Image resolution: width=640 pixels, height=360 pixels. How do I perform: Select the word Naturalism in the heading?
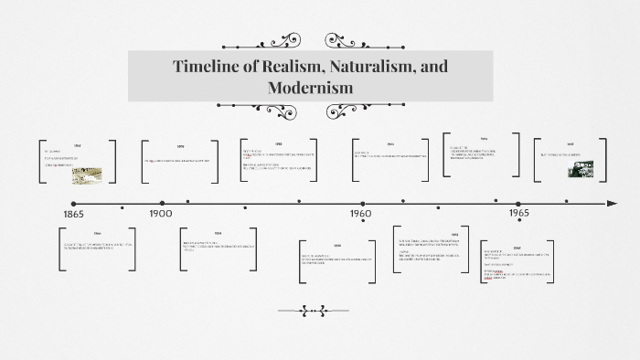coord(367,67)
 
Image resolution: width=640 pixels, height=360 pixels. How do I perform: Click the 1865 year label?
coord(74,214)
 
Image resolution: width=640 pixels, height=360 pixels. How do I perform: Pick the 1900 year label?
coord(160,214)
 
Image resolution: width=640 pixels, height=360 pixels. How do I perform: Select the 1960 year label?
coord(361,214)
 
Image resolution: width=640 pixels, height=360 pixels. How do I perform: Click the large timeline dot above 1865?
coord(74,203)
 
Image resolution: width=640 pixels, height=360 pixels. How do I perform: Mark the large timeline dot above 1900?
coord(162,203)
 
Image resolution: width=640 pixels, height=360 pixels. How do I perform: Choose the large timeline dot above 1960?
coord(363,203)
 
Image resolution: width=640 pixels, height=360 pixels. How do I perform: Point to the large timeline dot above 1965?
coord(517,203)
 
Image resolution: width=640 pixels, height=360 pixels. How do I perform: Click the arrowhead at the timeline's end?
coord(601,203)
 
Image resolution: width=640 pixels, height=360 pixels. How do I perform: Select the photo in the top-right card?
coord(576,170)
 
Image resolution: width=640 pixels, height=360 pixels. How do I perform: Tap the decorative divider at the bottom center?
coord(314,311)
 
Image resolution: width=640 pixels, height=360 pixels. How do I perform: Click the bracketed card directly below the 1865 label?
coord(97,249)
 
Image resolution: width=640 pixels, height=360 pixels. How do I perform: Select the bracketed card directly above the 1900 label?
coord(180,162)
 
